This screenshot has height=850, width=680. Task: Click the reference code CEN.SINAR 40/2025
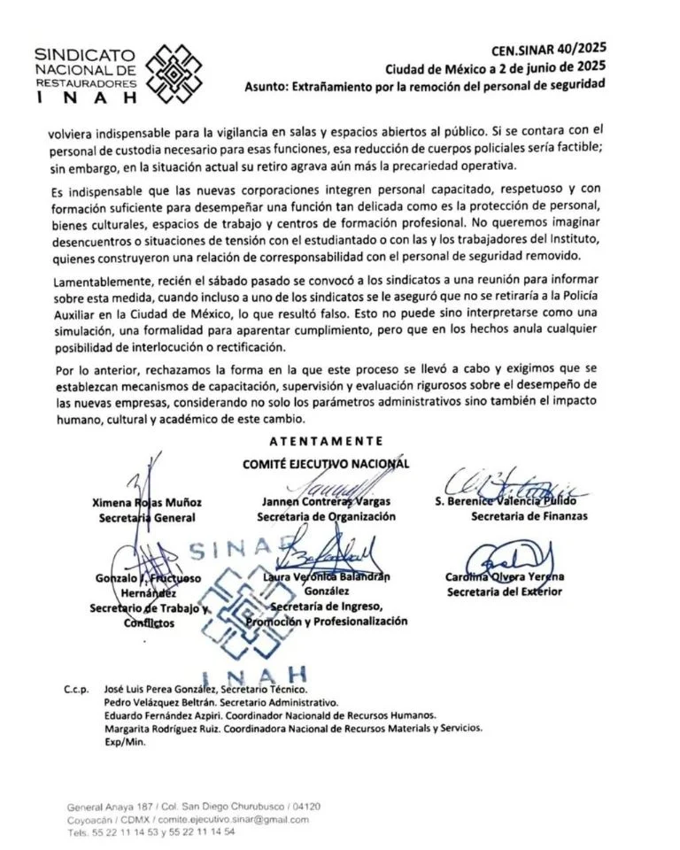tap(549, 50)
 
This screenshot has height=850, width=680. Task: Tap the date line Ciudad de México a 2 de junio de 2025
tap(496, 68)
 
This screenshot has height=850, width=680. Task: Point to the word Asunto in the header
tap(267, 86)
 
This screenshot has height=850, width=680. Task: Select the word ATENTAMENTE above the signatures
tap(326, 440)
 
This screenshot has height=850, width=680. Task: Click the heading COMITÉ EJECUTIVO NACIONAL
tap(327, 463)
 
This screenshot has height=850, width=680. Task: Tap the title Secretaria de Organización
tap(326, 517)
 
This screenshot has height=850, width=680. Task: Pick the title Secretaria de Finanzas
tap(529, 516)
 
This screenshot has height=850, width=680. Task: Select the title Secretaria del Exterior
tap(504, 591)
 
